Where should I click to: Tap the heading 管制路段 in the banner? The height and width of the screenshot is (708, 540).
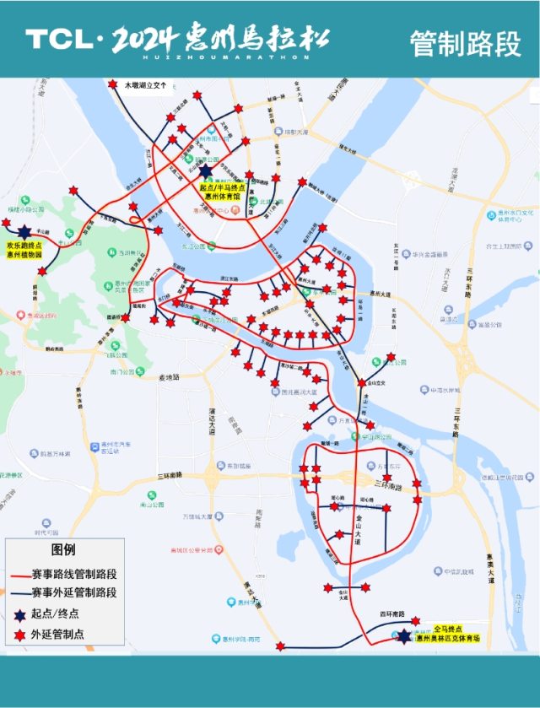[x=466, y=42]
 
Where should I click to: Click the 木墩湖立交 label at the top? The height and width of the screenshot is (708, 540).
[x=148, y=85]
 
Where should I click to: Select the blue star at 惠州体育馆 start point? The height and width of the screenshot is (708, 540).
[x=207, y=170]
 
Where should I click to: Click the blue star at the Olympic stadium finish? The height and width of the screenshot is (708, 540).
[x=404, y=636]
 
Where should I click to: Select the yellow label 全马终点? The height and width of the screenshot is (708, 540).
[x=448, y=629]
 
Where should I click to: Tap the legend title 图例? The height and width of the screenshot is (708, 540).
[x=63, y=549]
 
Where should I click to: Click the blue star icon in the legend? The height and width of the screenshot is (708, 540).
[x=19, y=613]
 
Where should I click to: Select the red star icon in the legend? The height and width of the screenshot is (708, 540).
[x=19, y=634]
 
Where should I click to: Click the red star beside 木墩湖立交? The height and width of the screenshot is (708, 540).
[x=113, y=84]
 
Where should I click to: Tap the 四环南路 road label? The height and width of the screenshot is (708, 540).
[x=392, y=615]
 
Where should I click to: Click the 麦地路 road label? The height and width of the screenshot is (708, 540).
[x=170, y=377]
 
